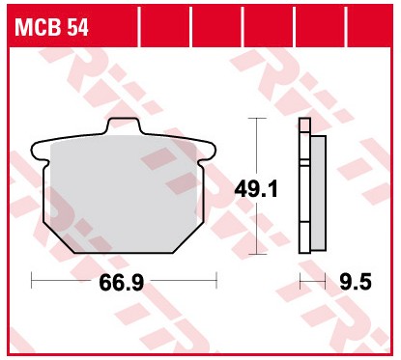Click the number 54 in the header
tap(78, 28)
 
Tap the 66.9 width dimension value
tap(124, 284)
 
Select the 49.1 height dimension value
tap(257, 190)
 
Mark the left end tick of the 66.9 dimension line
tap(32, 280)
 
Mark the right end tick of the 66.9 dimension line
tap(216, 280)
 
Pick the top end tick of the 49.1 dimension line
tap(256, 118)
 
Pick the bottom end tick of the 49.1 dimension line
tap(256, 253)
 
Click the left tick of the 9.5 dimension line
tap(301, 280)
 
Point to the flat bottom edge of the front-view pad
tap(125, 252)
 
